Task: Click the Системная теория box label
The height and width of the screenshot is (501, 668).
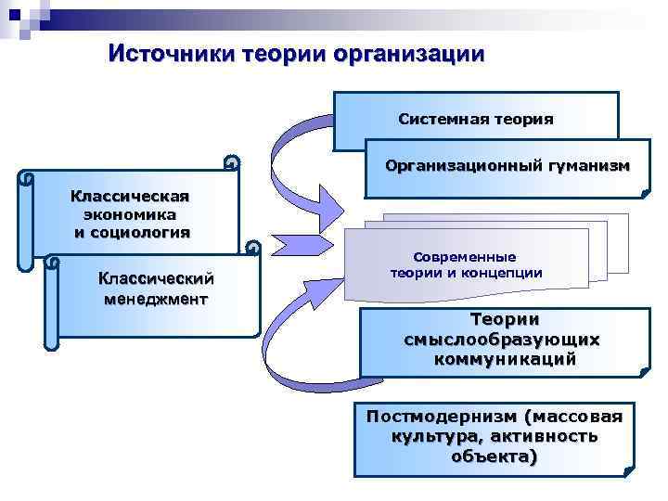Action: click(x=475, y=119)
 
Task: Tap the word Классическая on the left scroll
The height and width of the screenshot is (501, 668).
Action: click(x=131, y=196)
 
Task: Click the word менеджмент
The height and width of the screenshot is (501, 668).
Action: click(x=156, y=299)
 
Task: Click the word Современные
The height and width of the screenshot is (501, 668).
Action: click(x=465, y=256)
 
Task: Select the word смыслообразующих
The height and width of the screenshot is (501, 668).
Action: click(x=502, y=340)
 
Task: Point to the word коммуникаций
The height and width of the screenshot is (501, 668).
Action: click(x=504, y=359)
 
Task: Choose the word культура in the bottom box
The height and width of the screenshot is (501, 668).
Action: click(x=430, y=435)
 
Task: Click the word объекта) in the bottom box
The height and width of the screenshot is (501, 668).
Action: click(x=494, y=456)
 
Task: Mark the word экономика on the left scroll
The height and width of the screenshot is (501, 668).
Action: click(x=131, y=213)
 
